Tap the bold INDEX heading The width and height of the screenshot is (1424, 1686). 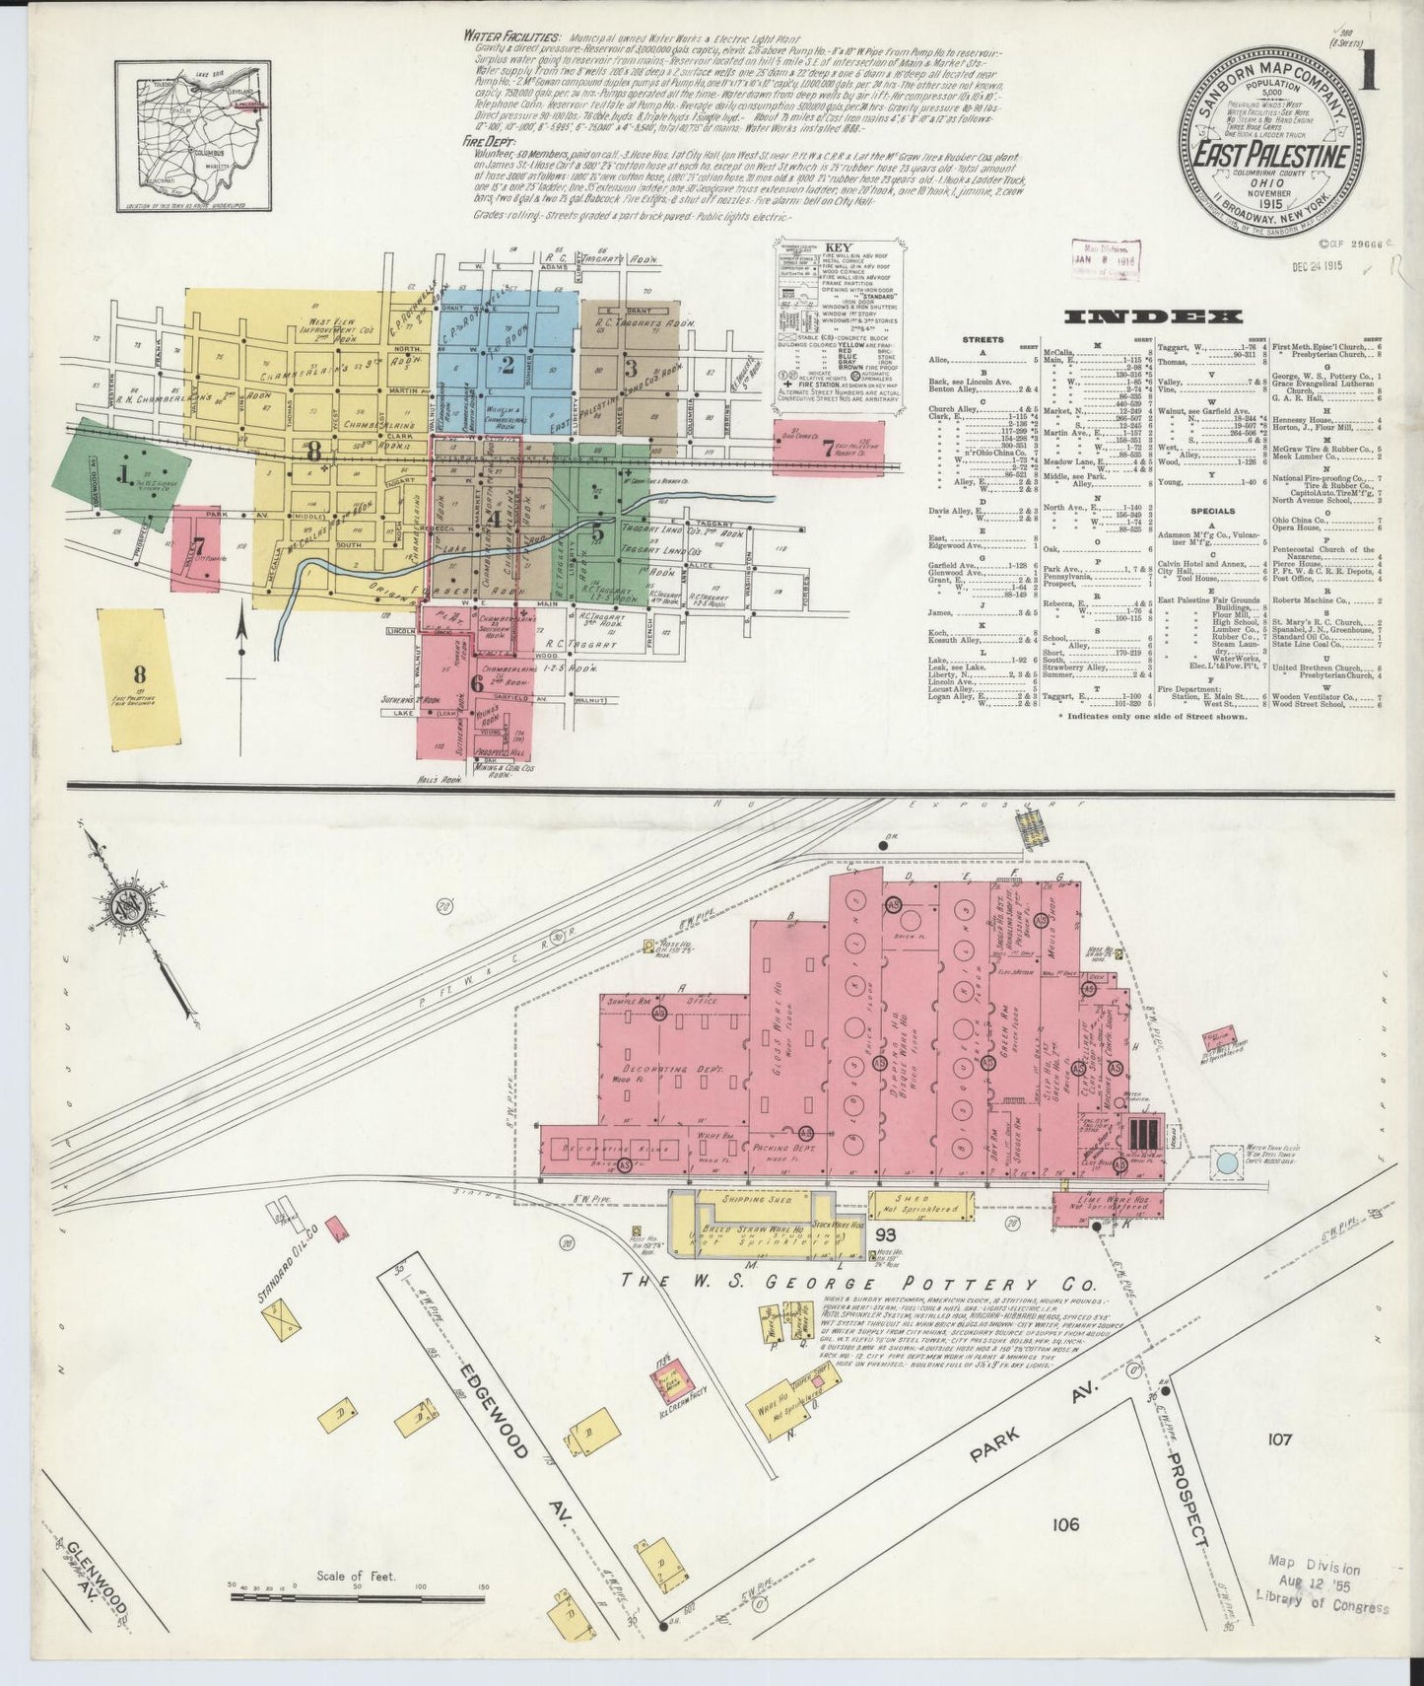(x=1152, y=316)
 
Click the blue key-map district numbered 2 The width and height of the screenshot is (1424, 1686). (x=508, y=366)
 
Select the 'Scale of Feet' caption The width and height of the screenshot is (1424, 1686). (x=356, y=1576)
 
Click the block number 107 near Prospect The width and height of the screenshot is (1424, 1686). (x=1279, y=1440)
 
